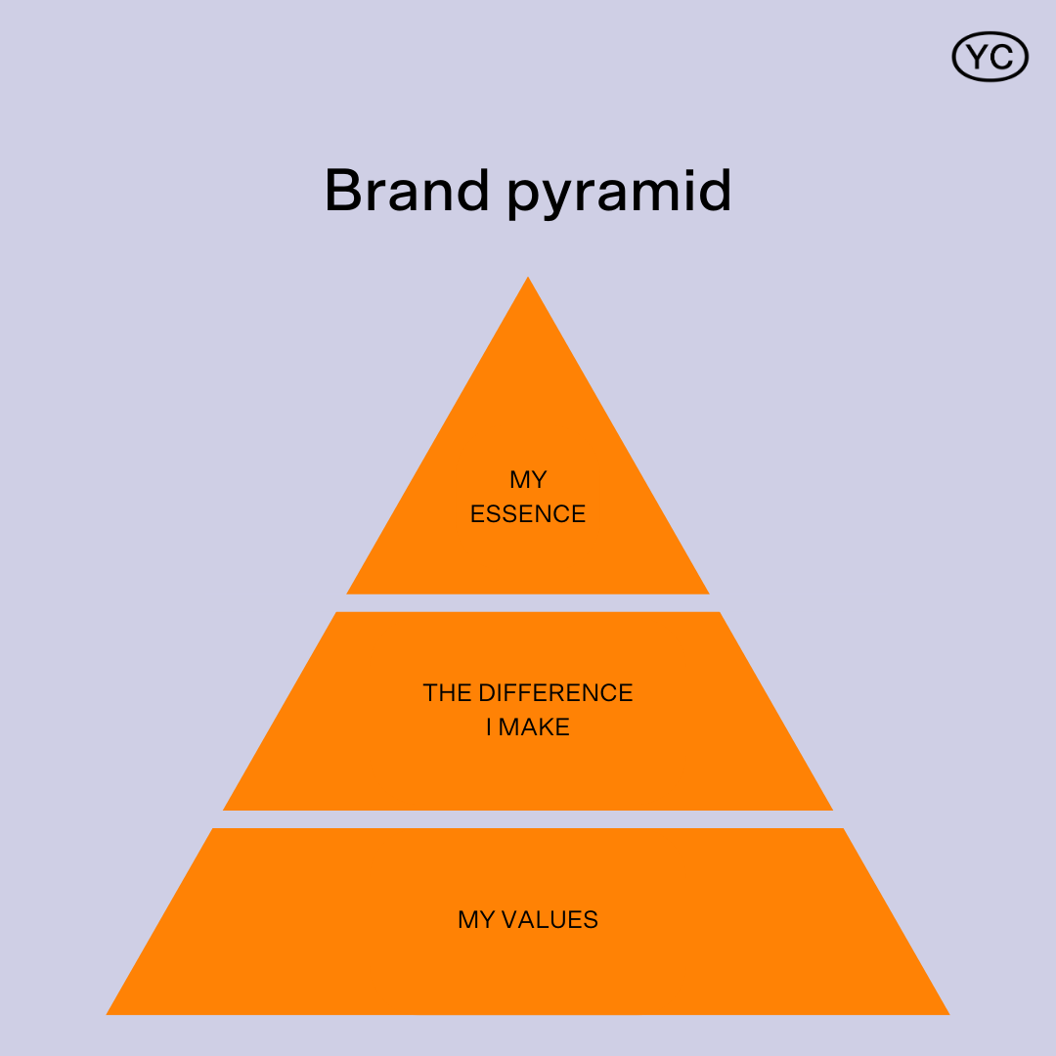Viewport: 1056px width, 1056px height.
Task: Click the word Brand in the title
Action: tap(407, 191)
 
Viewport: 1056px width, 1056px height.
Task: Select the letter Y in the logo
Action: tap(977, 57)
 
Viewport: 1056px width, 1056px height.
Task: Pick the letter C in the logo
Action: tap(1001, 57)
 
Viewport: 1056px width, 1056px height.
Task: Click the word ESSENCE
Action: tap(528, 514)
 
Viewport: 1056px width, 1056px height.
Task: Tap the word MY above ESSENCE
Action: tap(528, 479)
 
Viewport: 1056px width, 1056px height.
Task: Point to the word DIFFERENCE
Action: tap(555, 692)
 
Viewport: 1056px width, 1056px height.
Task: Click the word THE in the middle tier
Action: tap(447, 692)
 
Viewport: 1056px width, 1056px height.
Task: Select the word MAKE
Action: tap(534, 726)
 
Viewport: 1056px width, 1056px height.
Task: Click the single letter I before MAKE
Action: tap(489, 726)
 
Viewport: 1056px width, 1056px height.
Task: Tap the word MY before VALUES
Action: tap(477, 919)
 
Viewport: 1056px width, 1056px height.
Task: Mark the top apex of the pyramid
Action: tap(528, 277)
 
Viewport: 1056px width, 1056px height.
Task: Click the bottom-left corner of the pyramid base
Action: tap(107, 1014)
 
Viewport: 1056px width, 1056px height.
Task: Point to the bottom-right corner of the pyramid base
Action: tap(949, 1014)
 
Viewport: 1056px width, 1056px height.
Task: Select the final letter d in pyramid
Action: tap(715, 191)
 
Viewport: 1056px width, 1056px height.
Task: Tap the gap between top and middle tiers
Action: tap(528, 603)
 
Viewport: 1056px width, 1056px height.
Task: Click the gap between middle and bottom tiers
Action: tap(528, 819)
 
